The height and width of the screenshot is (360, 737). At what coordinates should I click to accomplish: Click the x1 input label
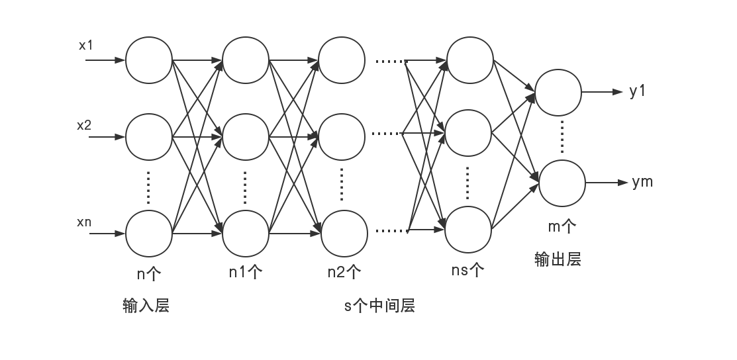point(87,46)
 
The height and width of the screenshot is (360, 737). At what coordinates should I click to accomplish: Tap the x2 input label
point(84,125)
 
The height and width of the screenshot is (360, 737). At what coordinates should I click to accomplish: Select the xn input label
point(84,222)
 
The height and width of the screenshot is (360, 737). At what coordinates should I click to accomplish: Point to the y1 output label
point(638,91)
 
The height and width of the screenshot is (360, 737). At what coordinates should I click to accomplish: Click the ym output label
point(642,182)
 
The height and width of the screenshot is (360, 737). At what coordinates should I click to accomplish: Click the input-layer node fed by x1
point(149,60)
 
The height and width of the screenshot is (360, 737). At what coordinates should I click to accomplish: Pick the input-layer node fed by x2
point(149,138)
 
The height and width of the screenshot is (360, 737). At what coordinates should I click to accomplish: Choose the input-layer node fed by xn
point(149,234)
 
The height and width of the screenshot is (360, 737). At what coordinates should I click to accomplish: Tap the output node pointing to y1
point(558,93)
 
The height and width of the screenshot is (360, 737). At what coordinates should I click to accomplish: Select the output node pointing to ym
point(562,183)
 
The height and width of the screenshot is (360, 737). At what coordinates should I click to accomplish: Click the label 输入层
point(146,306)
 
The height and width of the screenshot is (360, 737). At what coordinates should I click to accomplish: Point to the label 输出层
point(558,259)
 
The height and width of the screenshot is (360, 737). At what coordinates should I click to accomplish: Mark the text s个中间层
point(380,306)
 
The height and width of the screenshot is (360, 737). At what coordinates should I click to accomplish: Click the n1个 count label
point(246,272)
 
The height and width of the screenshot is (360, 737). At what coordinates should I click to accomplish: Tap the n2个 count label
point(344,272)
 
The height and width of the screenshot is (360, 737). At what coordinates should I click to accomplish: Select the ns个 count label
point(467,270)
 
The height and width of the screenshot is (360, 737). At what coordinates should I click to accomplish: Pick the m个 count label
point(562,227)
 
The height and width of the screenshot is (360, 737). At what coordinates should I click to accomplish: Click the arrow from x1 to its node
point(106,60)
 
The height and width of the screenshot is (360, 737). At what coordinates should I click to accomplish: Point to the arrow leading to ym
point(607,183)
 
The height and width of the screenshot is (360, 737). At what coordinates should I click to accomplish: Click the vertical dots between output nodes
point(562,138)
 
